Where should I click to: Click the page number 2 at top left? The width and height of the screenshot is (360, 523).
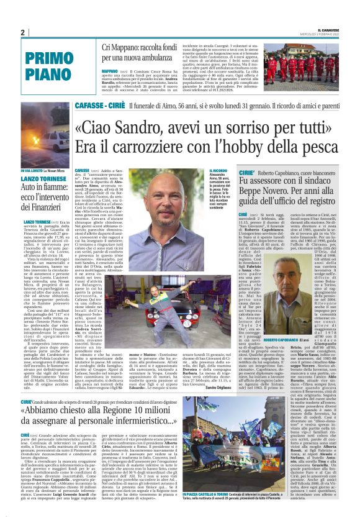[22, 32]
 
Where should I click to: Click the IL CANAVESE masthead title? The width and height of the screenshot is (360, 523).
[336, 29]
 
